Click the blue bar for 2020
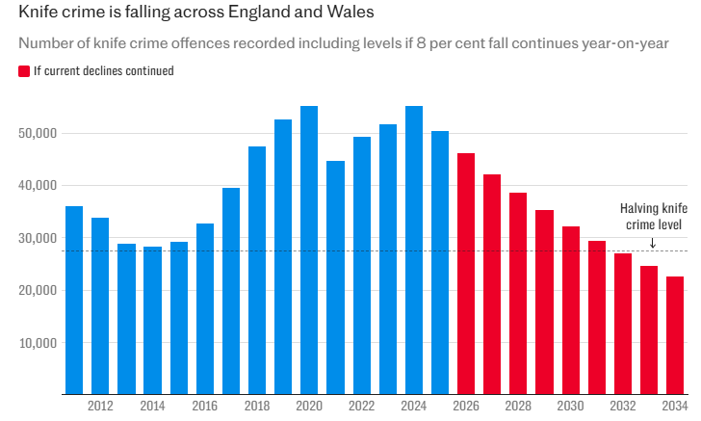coord(309,250)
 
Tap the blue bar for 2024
coord(414,250)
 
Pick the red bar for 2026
coord(466,274)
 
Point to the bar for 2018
coord(257,270)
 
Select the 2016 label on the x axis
coord(205,407)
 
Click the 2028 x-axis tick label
coord(518,407)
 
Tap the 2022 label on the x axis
coord(362,407)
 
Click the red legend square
coord(23,70)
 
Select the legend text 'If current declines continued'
coord(103,70)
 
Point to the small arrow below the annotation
coord(652,243)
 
